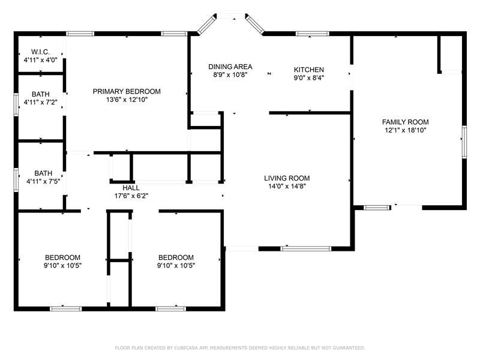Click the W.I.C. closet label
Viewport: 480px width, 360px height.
40,52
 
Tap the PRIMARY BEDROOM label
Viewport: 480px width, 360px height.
127,91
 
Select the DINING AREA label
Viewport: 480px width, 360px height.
230,67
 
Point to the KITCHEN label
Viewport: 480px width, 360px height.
309,70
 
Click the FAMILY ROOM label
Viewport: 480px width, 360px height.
406,122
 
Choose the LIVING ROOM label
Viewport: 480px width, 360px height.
287,178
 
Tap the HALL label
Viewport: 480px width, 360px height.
131,188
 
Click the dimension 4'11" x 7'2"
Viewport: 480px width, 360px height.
41,102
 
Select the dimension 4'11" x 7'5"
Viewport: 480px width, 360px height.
43,181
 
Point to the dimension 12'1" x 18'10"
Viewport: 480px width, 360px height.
406,130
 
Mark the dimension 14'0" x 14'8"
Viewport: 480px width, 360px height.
287,186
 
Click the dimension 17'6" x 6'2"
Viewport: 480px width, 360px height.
131,196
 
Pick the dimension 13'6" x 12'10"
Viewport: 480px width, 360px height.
127,100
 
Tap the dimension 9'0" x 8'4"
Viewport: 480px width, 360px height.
309,78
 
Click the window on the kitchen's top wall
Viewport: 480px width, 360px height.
313,34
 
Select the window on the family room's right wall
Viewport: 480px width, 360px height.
464,142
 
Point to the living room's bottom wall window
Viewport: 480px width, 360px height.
306,248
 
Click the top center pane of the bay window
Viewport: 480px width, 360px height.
231,16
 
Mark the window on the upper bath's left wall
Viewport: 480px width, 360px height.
16,104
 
